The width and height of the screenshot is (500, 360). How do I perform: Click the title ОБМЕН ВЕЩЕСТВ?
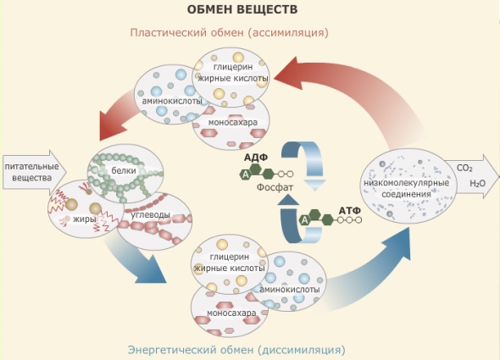pyautogui.click(x=242, y=9)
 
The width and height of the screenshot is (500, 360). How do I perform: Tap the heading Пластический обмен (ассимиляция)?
pyautogui.click(x=230, y=32)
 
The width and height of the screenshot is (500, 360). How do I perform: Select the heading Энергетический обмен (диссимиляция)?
pyautogui.click(x=236, y=350)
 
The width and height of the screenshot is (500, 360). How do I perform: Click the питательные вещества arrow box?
pyautogui.click(x=35, y=172)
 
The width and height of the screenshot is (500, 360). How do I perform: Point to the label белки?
pyautogui.click(x=124, y=170)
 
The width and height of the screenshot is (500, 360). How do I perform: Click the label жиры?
pyautogui.click(x=85, y=219)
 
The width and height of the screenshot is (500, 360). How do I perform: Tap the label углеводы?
pyautogui.click(x=150, y=215)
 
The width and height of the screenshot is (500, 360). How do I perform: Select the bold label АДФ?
pyautogui.click(x=256, y=158)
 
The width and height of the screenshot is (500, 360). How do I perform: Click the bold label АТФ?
pyautogui.click(x=349, y=211)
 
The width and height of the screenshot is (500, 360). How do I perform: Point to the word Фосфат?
pyautogui.click(x=275, y=187)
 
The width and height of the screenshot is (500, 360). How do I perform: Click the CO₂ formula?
pyautogui.click(x=464, y=168)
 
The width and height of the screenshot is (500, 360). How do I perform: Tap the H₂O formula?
pyautogui.click(x=478, y=183)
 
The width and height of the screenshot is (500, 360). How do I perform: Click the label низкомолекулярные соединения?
pyautogui.click(x=406, y=188)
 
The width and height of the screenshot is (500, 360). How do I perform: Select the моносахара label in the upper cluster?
pyautogui.click(x=233, y=122)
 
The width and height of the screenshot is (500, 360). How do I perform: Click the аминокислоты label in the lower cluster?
pyautogui.click(x=290, y=289)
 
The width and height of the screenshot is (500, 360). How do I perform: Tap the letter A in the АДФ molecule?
pyautogui.click(x=246, y=174)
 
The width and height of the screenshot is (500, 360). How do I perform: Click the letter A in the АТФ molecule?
pyautogui.click(x=305, y=220)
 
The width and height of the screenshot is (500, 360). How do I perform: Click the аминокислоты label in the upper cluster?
pyautogui.click(x=172, y=101)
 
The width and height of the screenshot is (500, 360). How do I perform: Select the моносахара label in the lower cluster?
pyautogui.click(x=231, y=313)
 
